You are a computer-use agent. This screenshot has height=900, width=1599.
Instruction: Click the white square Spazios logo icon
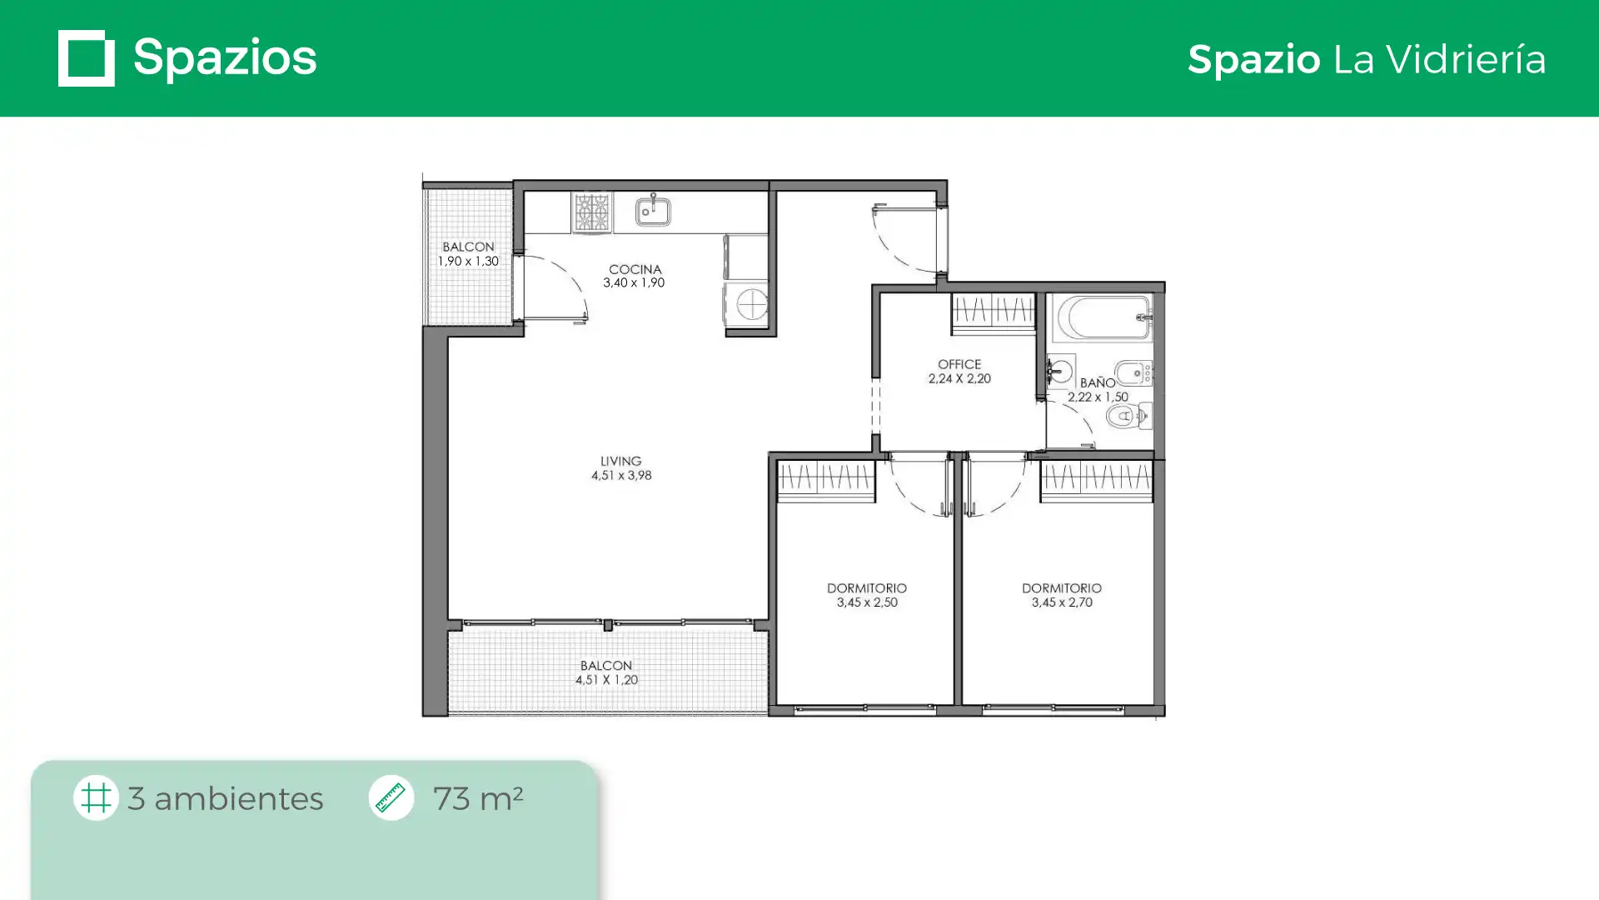click(87, 58)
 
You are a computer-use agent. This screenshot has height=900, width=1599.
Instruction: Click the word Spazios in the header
click(225, 57)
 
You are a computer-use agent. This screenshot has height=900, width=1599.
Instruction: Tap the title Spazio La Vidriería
click(1367, 59)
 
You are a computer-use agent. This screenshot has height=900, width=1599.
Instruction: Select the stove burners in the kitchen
click(592, 212)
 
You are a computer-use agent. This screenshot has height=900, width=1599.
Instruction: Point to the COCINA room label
click(635, 269)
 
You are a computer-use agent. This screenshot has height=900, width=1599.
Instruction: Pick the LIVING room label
click(621, 461)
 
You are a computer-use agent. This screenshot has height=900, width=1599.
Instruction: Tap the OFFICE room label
click(959, 364)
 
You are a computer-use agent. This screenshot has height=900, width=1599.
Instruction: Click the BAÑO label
click(1098, 382)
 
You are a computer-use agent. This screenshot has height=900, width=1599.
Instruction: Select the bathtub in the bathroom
click(1103, 317)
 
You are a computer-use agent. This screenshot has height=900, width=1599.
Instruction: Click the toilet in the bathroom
click(1129, 415)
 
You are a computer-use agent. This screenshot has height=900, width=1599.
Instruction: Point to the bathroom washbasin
click(1060, 371)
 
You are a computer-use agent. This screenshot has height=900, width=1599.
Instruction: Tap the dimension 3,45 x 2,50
click(867, 602)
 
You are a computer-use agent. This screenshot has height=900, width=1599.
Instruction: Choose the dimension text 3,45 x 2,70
click(1062, 602)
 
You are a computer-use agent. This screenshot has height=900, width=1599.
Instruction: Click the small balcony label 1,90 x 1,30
click(468, 261)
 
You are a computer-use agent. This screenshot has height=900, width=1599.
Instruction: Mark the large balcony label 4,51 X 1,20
click(606, 680)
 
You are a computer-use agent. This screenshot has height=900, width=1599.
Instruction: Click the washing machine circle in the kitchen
click(752, 304)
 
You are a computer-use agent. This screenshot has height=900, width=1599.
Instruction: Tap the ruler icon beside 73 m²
click(391, 797)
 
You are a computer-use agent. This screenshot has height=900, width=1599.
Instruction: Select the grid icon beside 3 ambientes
click(96, 797)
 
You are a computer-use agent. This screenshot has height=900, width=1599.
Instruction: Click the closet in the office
click(993, 313)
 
